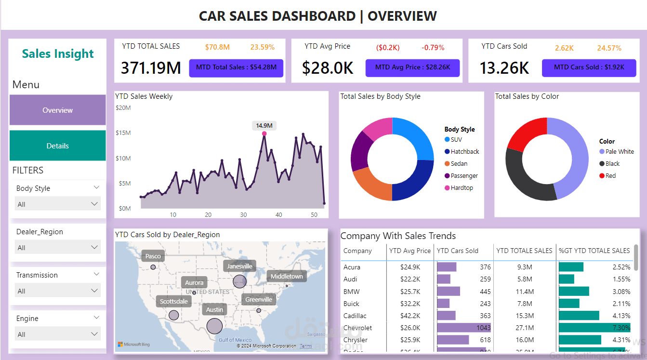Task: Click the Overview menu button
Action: pos(57,110)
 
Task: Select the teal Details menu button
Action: pos(57,146)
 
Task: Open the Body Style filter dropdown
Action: pos(58,204)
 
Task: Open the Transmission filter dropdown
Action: pos(58,291)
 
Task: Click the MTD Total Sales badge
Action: pos(236,67)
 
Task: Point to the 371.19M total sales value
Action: pos(151,68)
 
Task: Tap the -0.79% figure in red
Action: pos(433,48)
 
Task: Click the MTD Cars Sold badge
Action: pos(589,67)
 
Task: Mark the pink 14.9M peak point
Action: pos(264,133)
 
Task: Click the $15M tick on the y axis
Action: pos(123,133)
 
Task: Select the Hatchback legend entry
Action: pos(464,151)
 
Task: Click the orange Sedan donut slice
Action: pos(371,184)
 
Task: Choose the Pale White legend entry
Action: pos(619,151)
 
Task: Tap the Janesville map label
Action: pos(239,266)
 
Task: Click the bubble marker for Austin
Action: pos(214,326)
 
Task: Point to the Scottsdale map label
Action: pos(173,301)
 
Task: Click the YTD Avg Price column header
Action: pos(409,251)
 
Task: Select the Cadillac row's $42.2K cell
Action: pos(410,316)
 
